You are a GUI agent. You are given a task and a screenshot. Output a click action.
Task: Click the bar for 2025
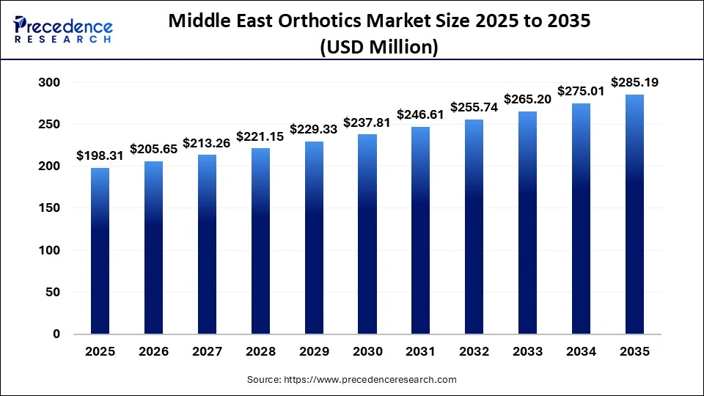click(100, 251)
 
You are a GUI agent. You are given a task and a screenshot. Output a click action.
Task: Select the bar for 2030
click(367, 234)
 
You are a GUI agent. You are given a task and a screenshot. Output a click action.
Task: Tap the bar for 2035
click(634, 214)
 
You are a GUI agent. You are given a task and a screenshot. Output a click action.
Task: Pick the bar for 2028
click(260, 241)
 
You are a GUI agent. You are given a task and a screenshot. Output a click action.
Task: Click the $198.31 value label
click(100, 156)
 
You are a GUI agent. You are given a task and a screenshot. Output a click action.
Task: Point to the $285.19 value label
click(634, 83)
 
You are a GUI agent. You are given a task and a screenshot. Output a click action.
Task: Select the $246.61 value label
click(420, 115)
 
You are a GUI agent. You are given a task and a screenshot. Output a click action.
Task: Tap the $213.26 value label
click(206, 143)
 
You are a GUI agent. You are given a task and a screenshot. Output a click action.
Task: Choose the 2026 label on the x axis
click(153, 352)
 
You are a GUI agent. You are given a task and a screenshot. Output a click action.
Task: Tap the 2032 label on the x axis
click(474, 352)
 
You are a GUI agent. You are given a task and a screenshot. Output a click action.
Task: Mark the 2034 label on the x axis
click(581, 352)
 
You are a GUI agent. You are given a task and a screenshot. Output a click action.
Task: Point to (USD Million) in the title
click(379, 48)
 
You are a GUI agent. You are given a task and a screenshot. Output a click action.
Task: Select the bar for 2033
click(527, 223)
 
